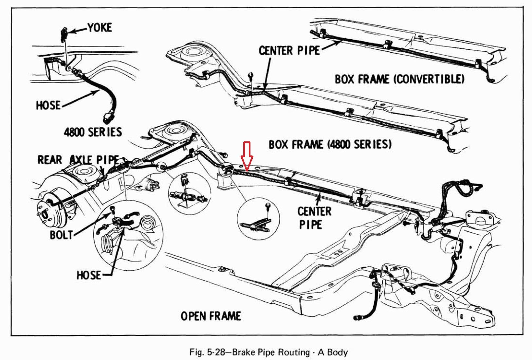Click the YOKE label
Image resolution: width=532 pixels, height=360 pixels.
100,27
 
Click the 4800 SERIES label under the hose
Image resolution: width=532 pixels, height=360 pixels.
93,132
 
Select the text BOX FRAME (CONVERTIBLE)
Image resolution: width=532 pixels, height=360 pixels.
399,79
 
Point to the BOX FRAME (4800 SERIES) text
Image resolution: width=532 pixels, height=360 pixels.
330,144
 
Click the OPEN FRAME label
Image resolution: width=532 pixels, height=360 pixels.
211,316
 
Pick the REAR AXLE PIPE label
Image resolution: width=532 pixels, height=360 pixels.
78,160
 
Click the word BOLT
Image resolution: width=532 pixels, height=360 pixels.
61,235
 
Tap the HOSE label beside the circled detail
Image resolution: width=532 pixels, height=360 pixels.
89,275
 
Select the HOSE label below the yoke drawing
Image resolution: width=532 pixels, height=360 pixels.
48,105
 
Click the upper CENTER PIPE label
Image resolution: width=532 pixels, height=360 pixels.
289,51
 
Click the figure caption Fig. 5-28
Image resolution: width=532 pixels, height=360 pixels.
268,352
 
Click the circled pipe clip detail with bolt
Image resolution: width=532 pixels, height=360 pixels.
259,217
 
